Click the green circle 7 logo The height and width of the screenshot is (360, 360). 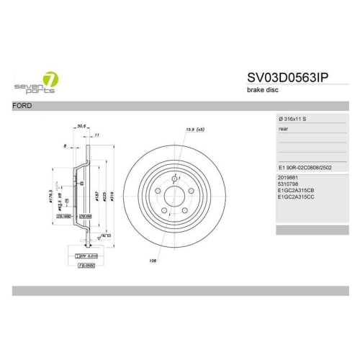(50, 79)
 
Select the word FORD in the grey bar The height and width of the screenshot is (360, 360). (22, 106)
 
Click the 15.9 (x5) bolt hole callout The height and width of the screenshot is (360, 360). (196, 129)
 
